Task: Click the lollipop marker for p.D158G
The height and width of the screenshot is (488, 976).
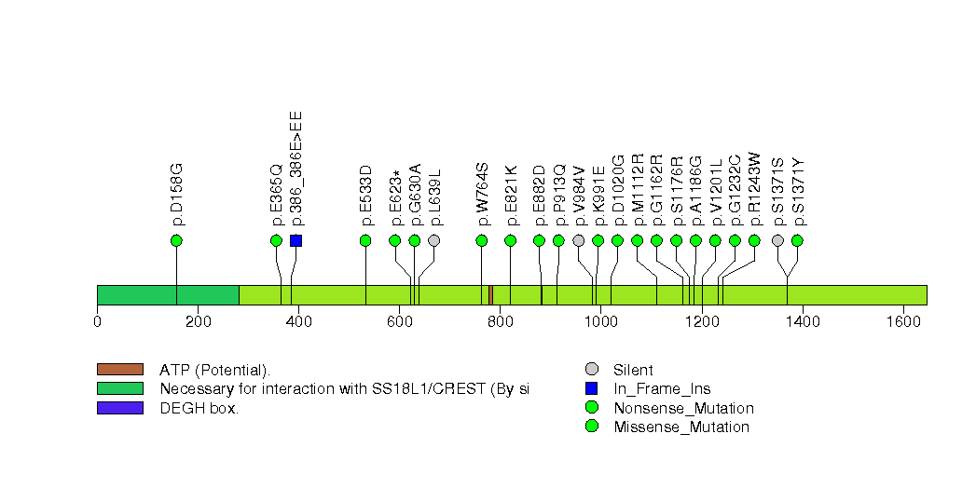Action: [x=176, y=240]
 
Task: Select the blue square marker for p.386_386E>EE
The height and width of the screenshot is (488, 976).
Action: [x=296, y=240]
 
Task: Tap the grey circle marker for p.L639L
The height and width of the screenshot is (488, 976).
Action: [x=433, y=240]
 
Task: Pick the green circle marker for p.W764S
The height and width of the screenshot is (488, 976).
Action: [x=482, y=240]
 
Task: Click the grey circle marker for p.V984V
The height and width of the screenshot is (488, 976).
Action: [x=579, y=240]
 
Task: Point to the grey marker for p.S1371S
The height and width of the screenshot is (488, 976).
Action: [x=778, y=240]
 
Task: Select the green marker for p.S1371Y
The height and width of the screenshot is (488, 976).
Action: [x=797, y=240]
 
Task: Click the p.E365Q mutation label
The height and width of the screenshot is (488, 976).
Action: [x=276, y=196]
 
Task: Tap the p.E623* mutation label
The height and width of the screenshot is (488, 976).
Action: [x=395, y=197]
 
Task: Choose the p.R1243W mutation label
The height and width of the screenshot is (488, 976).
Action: [x=754, y=190]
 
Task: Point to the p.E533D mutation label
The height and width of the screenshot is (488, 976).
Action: [x=365, y=196]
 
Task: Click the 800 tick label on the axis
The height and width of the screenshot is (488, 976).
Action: [x=500, y=322]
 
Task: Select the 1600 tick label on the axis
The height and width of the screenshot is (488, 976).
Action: [x=902, y=322]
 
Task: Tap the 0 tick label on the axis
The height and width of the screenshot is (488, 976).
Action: [x=97, y=322]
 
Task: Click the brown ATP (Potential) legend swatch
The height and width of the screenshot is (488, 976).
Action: [x=119, y=370]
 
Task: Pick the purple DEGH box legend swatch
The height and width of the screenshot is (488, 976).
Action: [x=119, y=408]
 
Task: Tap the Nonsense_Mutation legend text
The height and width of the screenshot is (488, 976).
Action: [x=683, y=408]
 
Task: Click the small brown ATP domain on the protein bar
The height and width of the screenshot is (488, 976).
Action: [x=490, y=295]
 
